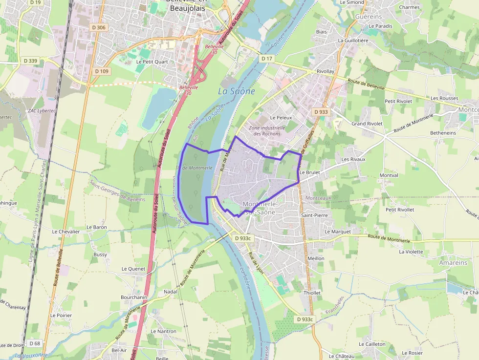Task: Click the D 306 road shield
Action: [98, 27]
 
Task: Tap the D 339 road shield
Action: [30, 61]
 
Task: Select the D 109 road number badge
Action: [102, 71]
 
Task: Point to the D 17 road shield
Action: [266, 59]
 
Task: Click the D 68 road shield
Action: [34, 343]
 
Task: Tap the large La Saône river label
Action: [236, 91]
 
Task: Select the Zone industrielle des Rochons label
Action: [265, 130]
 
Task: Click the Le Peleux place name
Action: [281, 118]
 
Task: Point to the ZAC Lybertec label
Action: [29, 111]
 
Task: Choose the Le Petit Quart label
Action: [152, 62]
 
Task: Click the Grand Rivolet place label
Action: [367, 124]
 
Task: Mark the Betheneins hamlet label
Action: [443, 133]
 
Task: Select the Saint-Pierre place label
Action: [314, 215]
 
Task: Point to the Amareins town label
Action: [453, 262]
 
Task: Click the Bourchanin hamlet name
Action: [134, 297]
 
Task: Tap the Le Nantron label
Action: [164, 331]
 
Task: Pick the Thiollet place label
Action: [312, 293]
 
